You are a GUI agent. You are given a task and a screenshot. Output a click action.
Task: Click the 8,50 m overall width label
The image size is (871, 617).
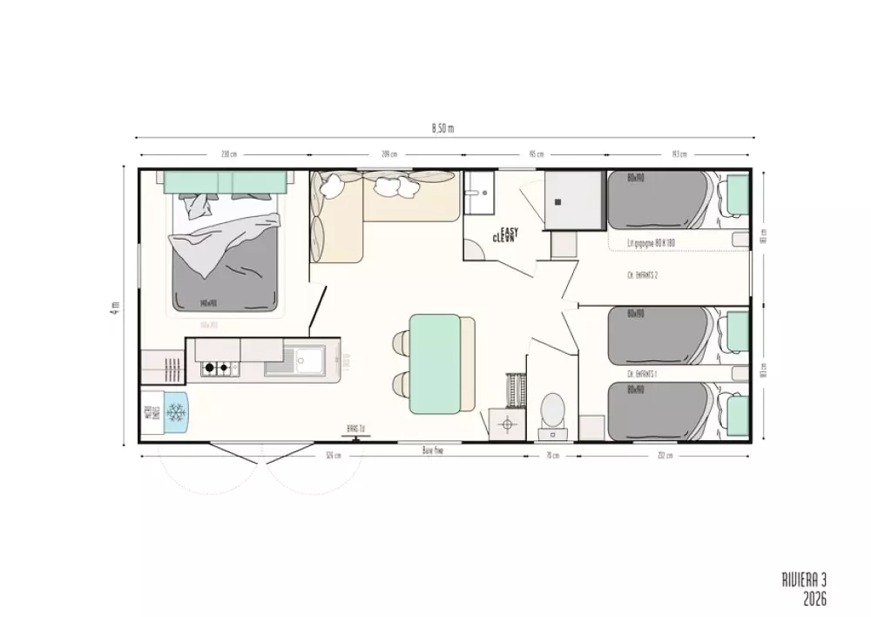(442, 128)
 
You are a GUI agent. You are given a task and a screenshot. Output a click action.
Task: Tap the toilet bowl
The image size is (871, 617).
(552, 409)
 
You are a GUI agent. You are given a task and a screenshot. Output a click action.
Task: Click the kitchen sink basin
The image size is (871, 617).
(307, 358)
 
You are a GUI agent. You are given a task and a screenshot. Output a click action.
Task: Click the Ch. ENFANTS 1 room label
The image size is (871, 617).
(641, 373)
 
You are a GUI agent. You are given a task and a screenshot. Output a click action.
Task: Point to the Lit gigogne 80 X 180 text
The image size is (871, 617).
(652, 243)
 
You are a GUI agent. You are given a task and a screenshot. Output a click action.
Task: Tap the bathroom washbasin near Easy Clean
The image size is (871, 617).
(478, 193)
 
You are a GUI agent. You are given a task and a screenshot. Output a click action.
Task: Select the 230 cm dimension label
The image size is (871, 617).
(228, 153)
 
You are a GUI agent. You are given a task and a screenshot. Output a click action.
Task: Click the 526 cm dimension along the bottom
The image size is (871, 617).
(332, 455)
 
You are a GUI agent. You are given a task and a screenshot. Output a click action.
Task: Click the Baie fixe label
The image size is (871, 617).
(433, 451)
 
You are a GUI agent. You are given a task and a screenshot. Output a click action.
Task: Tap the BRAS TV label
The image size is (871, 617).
(354, 428)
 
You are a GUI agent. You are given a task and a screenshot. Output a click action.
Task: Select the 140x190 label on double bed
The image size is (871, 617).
(208, 304)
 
